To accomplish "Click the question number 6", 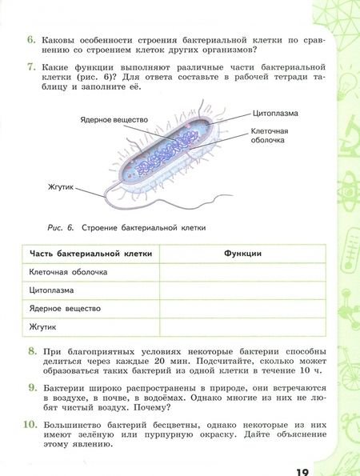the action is coord(30,38).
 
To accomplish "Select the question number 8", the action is coord(30,350).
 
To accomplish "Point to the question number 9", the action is coord(30,387).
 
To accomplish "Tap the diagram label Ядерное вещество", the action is coord(114,118).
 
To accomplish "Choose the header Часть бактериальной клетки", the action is coord(88,254).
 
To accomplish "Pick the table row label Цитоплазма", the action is coord(54,290).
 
